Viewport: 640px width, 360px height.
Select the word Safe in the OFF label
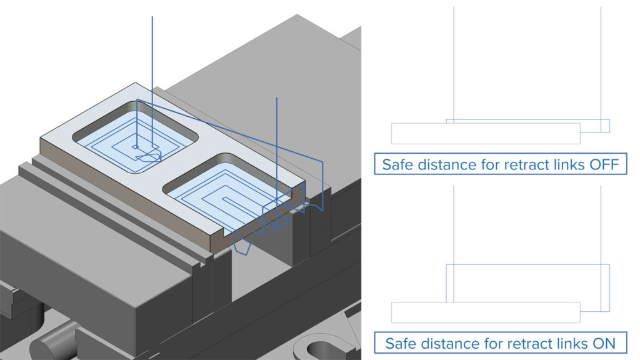pos(397,164)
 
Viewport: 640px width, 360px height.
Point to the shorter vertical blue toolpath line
pos(276,144)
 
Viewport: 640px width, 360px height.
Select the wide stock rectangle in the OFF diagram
pos(486,133)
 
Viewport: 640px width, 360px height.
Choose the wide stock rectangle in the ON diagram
pos(486,312)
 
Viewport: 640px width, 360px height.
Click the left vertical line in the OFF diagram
pos(454,62)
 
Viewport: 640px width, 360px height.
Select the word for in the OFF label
pos(484,164)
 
